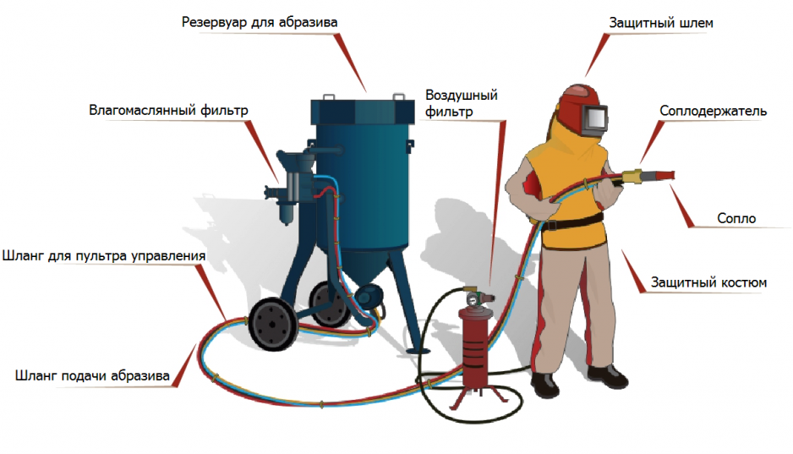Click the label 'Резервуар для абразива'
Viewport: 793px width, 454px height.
pyautogui.click(x=260, y=23)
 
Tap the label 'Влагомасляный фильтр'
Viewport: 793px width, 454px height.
pyautogui.click(x=168, y=110)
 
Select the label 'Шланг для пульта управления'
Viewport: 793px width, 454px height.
pyautogui.click(x=104, y=256)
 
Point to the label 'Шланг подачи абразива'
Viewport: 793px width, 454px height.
pyautogui.click(x=92, y=376)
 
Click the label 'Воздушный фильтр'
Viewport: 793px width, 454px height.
pyautogui.click(x=462, y=103)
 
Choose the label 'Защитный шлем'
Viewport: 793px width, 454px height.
pyautogui.click(x=661, y=24)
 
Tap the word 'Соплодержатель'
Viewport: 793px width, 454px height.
pyautogui.click(x=713, y=112)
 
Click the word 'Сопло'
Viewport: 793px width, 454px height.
pyautogui.click(x=736, y=218)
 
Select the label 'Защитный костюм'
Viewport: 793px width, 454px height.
pyautogui.click(x=708, y=282)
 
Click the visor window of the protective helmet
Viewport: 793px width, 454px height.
pyautogui.click(x=596, y=118)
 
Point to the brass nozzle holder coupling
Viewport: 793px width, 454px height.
pyautogui.click(x=632, y=177)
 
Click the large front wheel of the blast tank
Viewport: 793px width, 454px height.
pyautogui.click(x=272, y=324)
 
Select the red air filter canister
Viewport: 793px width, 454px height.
pyautogui.click(x=474, y=349)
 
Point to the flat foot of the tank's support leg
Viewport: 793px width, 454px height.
pyautogui.click(x=418, y=352)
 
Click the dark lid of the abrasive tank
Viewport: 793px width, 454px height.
pyautogui.click(x=363, y=112)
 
